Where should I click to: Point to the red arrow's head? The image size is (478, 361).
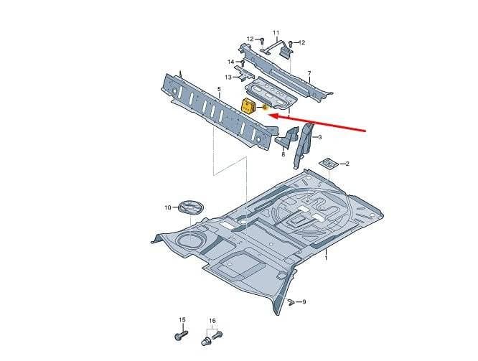point(273,116)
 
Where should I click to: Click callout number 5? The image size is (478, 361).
point(219,89)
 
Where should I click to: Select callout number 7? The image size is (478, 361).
point(309,73)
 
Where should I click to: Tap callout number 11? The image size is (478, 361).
point(276,32)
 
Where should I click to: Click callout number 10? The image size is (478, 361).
point(168,207)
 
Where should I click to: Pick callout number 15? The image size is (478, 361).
point(182,320)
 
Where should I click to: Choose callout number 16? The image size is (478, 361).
point(212,321)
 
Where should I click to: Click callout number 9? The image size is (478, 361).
point(304,302)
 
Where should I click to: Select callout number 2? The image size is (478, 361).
point(347,164)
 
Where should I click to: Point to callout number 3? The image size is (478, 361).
point(320,138)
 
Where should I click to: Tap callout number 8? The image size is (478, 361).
point(283,154)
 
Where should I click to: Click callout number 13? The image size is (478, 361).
point(228,78)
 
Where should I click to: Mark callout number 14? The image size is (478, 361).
point(231,62)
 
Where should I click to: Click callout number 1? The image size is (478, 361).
point(326,258)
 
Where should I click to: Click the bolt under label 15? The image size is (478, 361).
point(181,335)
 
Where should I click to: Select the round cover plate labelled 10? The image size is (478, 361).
point(192,207)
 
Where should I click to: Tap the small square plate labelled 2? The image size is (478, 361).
point(329,164)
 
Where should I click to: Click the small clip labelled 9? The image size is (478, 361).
point(291,302)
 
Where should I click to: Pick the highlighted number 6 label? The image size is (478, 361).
point(265,108)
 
